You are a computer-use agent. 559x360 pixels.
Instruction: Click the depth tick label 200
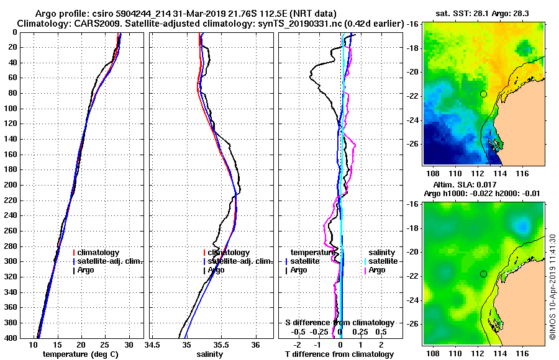click(x=11, y=185)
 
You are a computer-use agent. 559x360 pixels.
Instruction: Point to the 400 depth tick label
click(x=11, y=338)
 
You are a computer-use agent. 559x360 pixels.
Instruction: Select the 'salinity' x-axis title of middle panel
click(x=211, y=354)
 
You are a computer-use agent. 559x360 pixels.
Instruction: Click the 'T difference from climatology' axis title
click(x=339, y=354)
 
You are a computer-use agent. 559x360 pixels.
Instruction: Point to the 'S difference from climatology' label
click(x=339, y=323)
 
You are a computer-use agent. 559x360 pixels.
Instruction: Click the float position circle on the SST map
click(x=483, y=94)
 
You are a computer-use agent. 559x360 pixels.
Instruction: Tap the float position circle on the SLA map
click(x=483, y=274)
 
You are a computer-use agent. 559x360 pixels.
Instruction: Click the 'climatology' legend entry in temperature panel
click(x=99, y=253)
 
